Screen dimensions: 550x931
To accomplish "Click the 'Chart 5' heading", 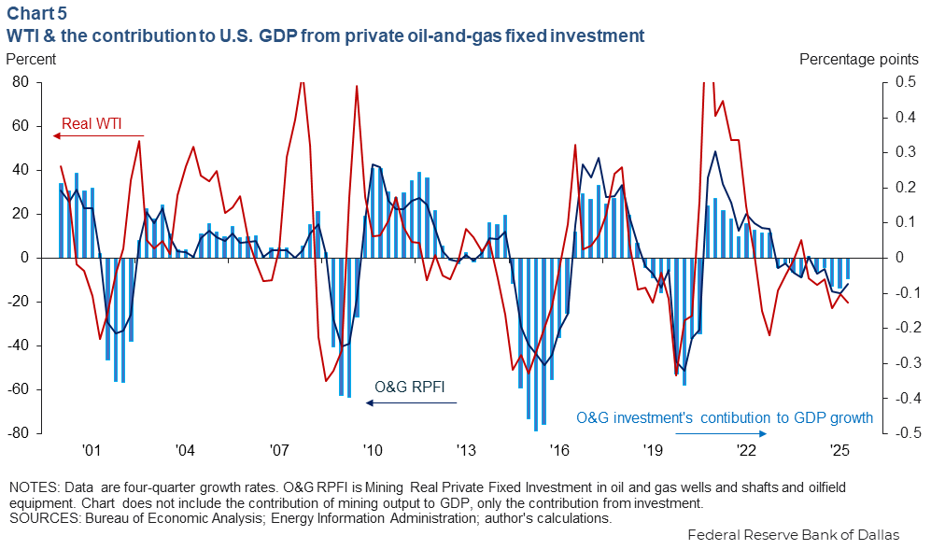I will point(36,13).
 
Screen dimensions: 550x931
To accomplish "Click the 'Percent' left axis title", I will point(31,59).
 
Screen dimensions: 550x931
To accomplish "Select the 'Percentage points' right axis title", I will point(859,59).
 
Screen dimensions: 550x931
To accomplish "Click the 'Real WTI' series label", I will point(92,123).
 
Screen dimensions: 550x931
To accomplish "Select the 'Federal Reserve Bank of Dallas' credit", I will point(793,535).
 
